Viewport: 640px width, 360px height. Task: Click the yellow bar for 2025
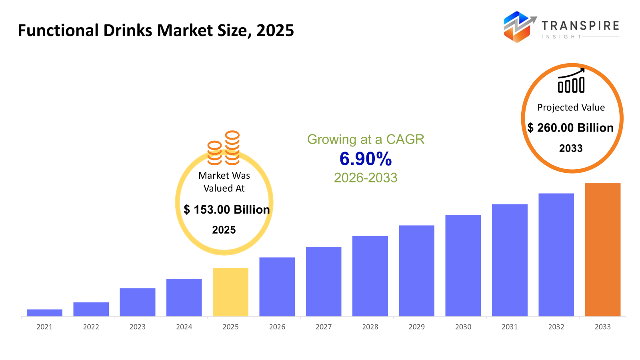click(230, 292)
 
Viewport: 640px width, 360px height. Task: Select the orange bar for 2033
click(602, 250)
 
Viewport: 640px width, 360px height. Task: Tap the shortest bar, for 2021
click(44, 313)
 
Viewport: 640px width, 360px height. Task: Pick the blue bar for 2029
click(416, 271)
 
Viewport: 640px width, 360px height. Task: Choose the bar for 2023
click(137, 302)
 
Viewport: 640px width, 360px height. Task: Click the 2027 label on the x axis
click(324, 327)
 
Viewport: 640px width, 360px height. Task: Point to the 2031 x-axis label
click(510, 327)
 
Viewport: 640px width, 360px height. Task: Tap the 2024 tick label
click(184, 327)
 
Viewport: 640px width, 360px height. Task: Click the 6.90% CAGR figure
click(366, 159)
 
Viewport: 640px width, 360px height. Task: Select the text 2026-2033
click(366, 178)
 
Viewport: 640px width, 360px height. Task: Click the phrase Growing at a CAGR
click(366, 139)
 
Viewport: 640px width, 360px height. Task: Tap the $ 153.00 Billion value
click(227, 210)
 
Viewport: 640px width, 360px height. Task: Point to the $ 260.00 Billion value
click(570, 128)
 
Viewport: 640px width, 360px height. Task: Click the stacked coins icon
click(224, 148)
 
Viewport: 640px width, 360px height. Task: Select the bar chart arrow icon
click(571, 81)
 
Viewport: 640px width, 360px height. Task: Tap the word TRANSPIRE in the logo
click(580, 26)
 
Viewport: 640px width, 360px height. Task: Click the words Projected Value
click(571, 107)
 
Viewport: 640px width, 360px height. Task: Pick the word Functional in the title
click(58, 30)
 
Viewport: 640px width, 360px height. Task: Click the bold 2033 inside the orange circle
click(571, 148)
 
